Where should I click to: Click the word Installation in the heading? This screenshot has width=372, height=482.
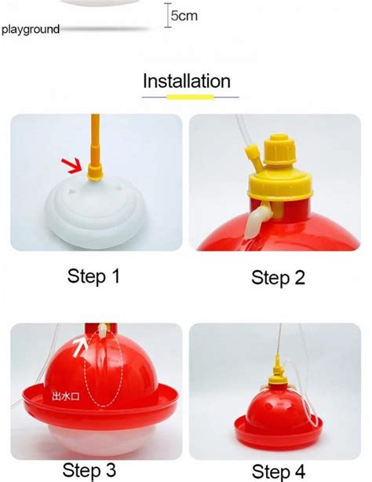187,81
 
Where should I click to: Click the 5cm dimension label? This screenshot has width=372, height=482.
184,16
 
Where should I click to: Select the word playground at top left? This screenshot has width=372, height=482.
31,30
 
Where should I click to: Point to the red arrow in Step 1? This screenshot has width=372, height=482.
73,164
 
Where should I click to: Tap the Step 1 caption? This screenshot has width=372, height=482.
93,276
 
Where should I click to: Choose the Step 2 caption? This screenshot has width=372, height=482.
278,277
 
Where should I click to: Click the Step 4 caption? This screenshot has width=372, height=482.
279,470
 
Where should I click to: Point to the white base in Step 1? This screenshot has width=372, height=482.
95,216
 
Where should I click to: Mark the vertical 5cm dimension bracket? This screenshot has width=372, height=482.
166,16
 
